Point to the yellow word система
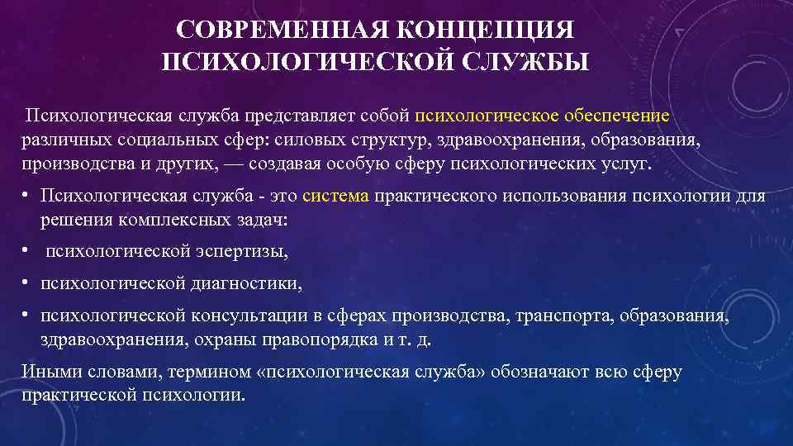pyautogui.click(x=336, y=197)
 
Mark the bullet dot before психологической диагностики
pyautogui.click(x=27, y=283)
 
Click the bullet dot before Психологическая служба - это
pyautogui.click(x=27, y=196)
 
